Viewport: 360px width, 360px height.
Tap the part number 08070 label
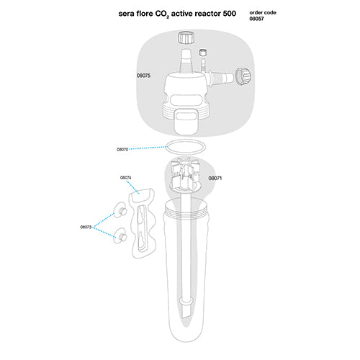122,150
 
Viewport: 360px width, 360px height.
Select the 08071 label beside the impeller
216,177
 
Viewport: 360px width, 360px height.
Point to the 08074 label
126,177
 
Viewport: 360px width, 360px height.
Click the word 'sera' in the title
127,14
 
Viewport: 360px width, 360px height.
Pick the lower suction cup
120,235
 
